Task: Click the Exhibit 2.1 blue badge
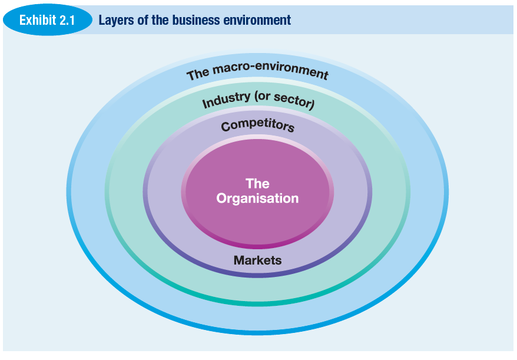47,21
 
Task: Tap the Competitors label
257,125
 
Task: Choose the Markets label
257,260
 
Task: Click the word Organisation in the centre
257,199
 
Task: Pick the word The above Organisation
257,183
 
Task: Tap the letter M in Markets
238,260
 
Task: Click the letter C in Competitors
226,126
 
